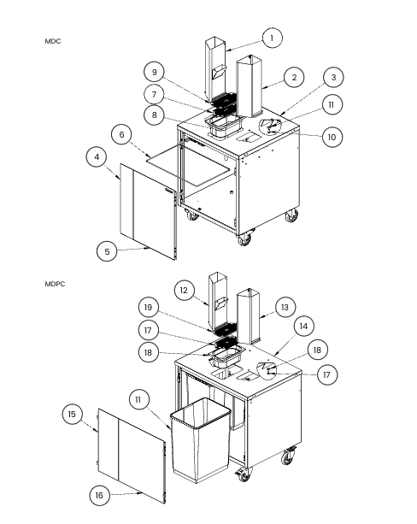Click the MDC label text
tap(53, 41)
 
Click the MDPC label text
tap(55, 284)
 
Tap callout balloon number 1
tap(272, 38)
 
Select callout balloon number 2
tap(294, 78)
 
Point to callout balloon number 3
tap(333, 77)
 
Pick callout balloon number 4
tap(97, 157)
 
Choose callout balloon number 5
tap(107, 251)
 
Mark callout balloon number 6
tap(121, 134)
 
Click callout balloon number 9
tap(154, 72)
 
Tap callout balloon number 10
tap(332, 137)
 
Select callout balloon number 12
tap(184, 290)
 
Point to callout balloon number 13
tap(285, 307)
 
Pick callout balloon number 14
tap(303, 326)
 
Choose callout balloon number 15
tap(72, 414)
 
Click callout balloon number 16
tap(100, 495)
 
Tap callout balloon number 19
tap(149, 307)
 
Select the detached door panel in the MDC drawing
tap(148, 211)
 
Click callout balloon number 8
tap(154, 115)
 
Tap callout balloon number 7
tap(154, 95)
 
